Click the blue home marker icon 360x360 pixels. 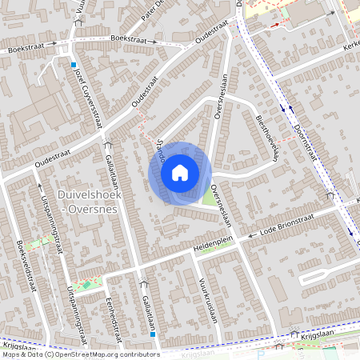[180, 172]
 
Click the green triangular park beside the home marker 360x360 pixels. [210, 196]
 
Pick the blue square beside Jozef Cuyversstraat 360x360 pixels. [74, 65]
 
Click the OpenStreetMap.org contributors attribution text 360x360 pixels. [104, 354]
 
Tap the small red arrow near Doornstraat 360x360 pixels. [274, 24]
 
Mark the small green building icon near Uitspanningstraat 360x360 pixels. [86, 284]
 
